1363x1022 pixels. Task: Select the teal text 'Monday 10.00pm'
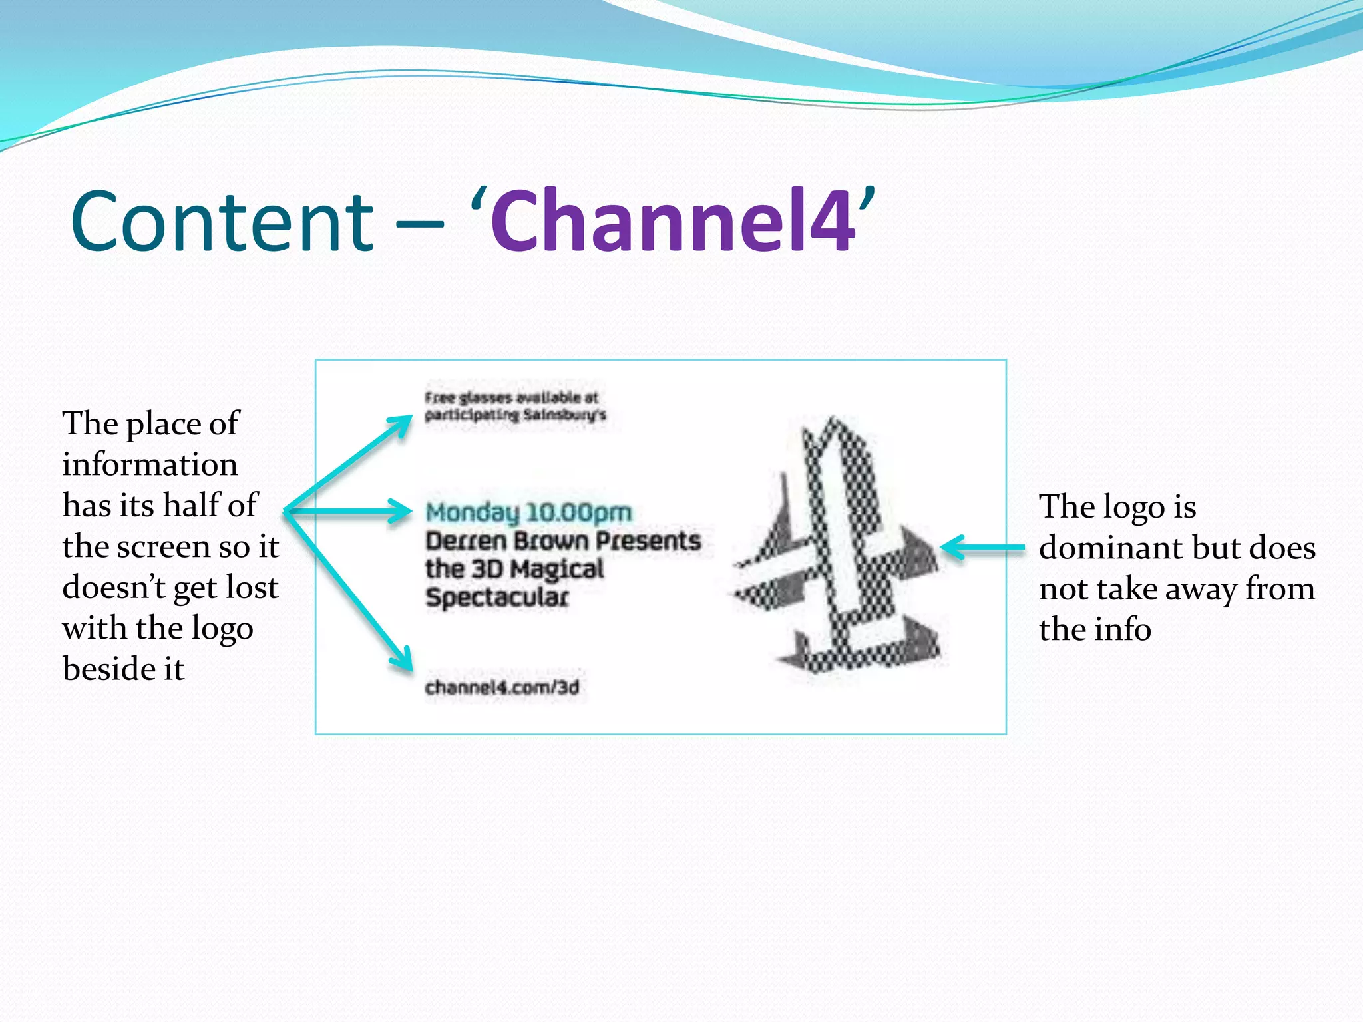(x=528, y=512)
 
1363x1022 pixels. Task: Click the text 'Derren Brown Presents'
(x=563, y=541)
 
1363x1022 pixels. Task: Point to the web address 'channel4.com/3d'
(x=502, y=687)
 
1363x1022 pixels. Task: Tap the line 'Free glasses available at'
(x=511, y=398)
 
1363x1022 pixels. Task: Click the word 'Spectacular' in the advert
(x=496, y=597)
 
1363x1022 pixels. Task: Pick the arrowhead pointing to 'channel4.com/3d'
(x=401, y=659)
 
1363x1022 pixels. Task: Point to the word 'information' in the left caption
(x=150, y=464)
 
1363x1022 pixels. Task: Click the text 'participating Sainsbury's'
(x=515, y=415)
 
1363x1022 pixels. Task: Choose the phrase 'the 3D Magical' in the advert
(x=514, y=569)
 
